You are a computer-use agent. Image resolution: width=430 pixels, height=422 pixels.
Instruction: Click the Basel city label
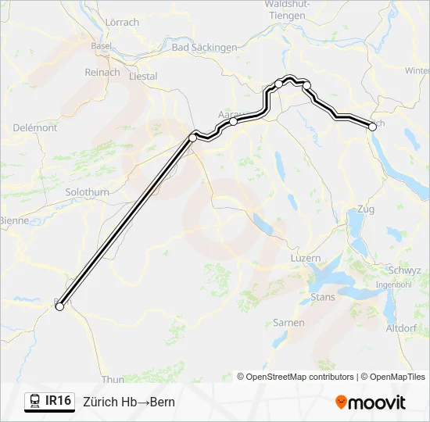point(101,46)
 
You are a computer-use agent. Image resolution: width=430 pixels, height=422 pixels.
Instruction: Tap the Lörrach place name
point(122,23)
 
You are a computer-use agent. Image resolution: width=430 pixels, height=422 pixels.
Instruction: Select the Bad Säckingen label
point(204,48)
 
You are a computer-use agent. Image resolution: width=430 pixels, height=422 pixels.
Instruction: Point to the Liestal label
point(142,77)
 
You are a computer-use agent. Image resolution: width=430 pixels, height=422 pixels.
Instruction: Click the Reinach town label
point(103,73)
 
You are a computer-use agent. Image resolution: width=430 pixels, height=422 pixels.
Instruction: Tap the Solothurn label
point(88,192)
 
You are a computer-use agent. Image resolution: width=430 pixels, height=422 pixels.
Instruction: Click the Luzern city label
point(305,258)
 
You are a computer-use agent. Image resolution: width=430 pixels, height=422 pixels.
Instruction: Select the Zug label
point(366,209)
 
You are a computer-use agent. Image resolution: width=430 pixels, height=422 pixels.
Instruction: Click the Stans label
point(323,297)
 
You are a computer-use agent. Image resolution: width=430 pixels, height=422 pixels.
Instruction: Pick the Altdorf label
point(401,328)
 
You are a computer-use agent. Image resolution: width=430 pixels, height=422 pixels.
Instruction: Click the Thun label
point(113,379)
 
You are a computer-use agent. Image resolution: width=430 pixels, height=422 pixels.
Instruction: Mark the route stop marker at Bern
point(59,307)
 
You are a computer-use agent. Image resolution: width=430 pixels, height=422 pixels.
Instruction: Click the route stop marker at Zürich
point(371,125)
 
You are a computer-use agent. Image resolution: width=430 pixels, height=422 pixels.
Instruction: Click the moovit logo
point(371,402)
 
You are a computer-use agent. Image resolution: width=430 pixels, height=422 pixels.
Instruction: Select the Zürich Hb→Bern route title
point(129,402)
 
